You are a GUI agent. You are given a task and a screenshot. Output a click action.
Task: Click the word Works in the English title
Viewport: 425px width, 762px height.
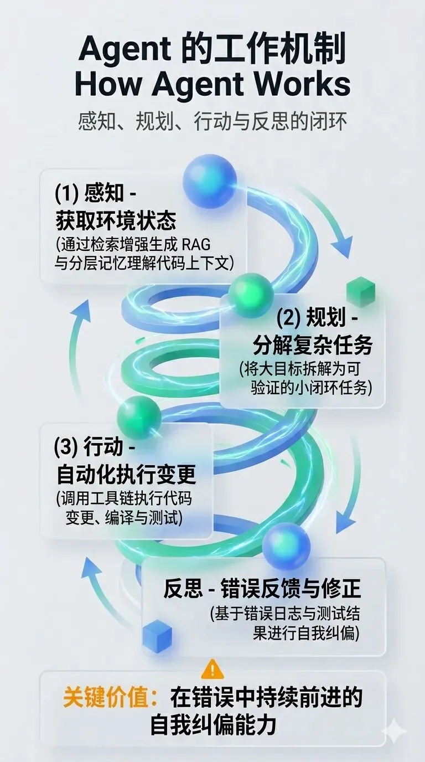[x=299, y=84]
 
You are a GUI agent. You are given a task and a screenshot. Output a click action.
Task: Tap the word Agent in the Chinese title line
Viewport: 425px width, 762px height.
[x=125, y=50]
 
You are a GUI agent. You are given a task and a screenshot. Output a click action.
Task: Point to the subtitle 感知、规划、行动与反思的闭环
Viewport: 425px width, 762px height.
[x=212, y=121]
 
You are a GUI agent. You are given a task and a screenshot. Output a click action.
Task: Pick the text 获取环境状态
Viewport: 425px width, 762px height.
[x=116, y=221]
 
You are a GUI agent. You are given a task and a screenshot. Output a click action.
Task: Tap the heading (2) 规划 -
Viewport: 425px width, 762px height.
[x=317, y=319]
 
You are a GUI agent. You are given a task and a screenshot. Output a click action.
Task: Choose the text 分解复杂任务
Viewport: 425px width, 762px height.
[x=312, y=346]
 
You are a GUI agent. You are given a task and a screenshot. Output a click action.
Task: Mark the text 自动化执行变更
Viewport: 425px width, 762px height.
[x=126, y=474]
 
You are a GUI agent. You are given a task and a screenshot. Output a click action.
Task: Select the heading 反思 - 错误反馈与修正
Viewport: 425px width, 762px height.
[x=262, y=588]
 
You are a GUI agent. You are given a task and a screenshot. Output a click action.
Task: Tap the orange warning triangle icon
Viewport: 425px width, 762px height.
[x=212, y=669]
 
